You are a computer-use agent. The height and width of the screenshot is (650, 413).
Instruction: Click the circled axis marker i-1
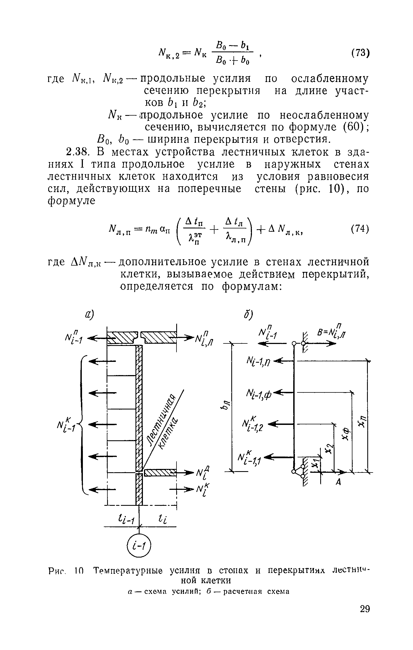coord(140,553)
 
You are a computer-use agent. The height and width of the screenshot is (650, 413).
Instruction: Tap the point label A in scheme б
coord(338,482)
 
